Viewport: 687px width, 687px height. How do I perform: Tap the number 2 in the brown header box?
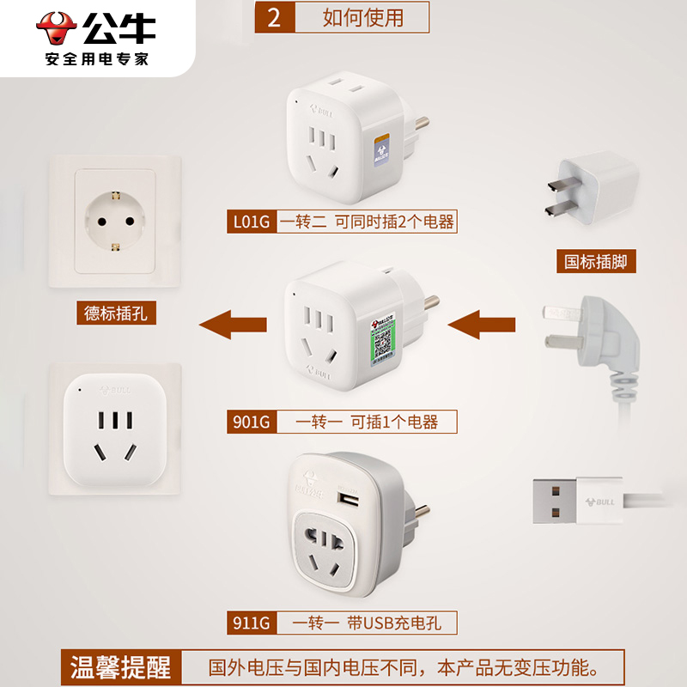tap(274, 17)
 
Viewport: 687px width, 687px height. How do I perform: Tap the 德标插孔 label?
tap(116, 313)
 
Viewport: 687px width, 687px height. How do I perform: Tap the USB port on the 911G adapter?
tap(347, 498)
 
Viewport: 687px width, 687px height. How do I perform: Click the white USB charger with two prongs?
tap(593, 189)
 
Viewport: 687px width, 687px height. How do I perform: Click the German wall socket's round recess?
tap(115, 220)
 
